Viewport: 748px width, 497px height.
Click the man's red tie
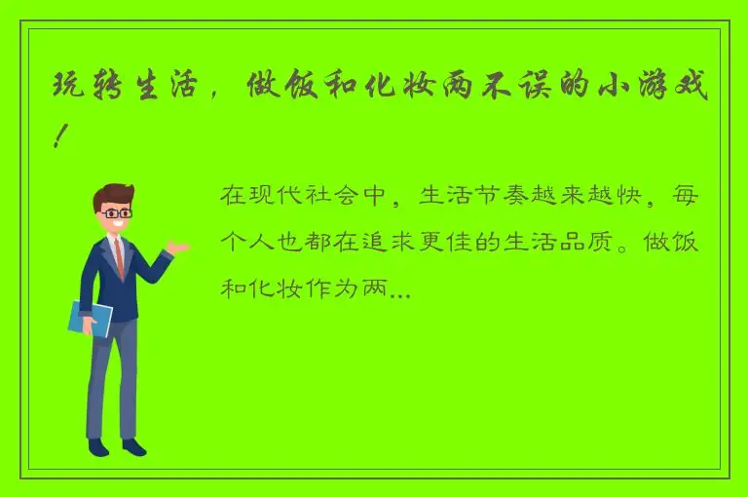click(119, 255)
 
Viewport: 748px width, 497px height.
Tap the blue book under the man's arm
click(91, 318)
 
